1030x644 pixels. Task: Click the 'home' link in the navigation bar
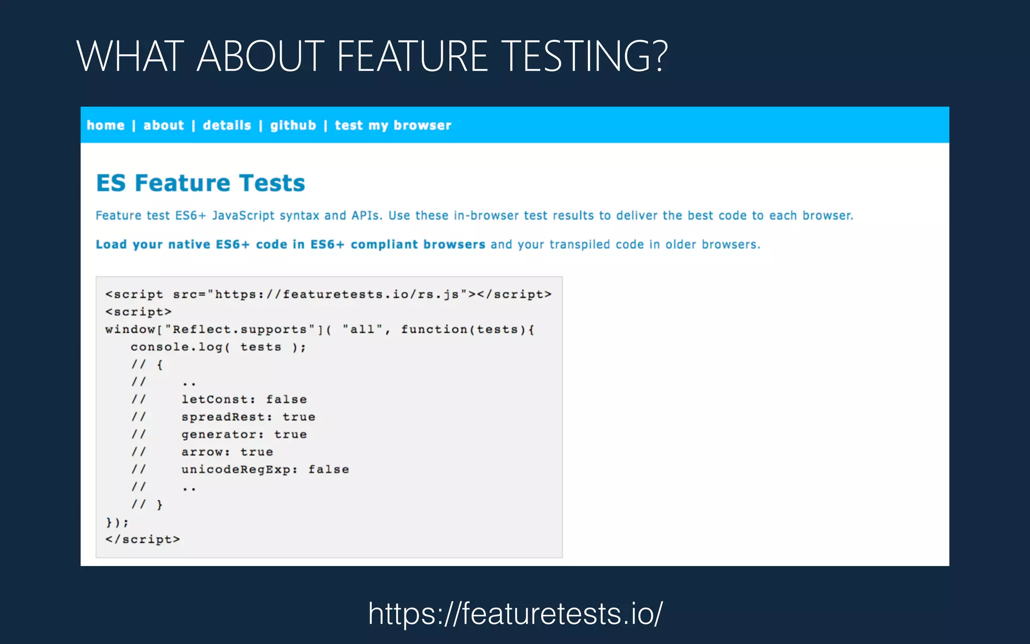coord(106,125)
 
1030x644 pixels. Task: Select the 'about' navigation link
coord(163,125)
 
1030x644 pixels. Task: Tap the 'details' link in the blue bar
coord(227,125)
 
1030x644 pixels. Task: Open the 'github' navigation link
coord(293,125)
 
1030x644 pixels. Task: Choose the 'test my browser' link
coord(393,125)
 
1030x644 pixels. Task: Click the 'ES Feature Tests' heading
coord(201,183)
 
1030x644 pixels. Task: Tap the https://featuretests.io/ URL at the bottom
coord(516,613)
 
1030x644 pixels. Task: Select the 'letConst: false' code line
coord(244,399)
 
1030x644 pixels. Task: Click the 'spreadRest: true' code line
coord(248,417)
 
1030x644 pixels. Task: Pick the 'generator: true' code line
coord(244,435)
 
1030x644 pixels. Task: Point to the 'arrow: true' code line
coord(227,452)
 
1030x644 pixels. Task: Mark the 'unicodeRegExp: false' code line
coord(265,469)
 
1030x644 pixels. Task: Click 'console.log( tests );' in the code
coord(218,347)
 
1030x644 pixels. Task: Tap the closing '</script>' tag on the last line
coord(142,539)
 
